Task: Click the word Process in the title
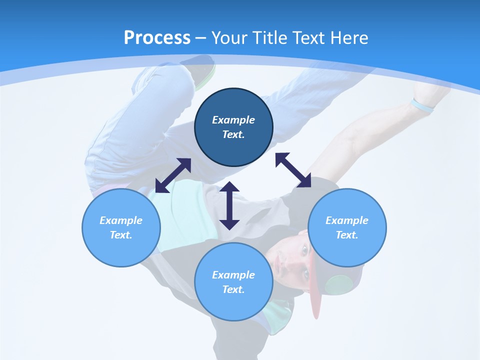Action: [x=157, y=37]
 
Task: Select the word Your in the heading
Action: [x=227, y=37]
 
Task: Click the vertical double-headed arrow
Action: [x=229, y=205]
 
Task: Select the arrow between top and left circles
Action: [x=173, y=175]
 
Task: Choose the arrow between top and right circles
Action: [x=293, y=170]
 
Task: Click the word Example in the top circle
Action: [x=233, y=120]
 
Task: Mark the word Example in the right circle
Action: [x=347, y=220]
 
